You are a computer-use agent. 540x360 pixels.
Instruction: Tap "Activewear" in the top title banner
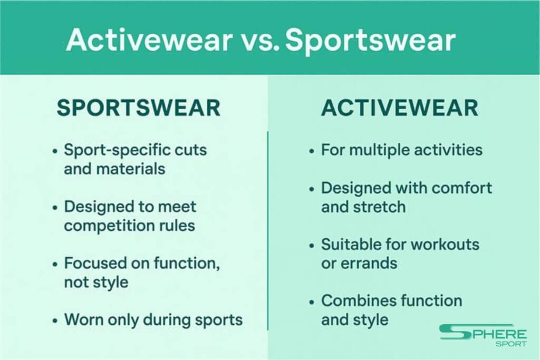click(149, 40)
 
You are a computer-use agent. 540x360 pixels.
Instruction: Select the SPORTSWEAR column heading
click(139, 108)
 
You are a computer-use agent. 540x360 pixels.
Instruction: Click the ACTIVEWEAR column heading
click(400, 108)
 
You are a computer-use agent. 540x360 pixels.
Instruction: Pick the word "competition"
click(109, 226)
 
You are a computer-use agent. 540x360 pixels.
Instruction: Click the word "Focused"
click(90, 264)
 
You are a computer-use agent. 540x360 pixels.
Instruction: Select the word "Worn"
click(84, 320)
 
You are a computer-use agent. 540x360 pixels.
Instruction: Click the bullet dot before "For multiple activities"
click(312, 151)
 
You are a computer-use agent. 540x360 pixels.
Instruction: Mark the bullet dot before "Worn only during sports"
click(55, 320)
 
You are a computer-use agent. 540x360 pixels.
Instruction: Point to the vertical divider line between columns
click(267, 230)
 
